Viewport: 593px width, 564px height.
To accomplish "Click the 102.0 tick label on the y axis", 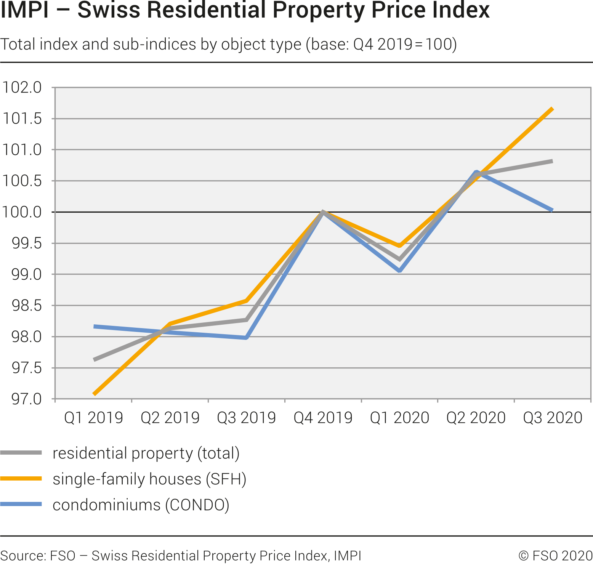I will pyautogui.click(x=22, y=88).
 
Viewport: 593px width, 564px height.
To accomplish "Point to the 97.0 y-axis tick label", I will pyautogui.click(x=26, y=399).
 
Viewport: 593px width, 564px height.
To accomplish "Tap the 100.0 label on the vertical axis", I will pyautogui.click(x=22, y=212).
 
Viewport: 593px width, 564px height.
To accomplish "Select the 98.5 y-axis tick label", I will pyautogui.click(x=26, y=306).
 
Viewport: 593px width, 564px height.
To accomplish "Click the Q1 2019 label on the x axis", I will pyautogui.click(x=94, y=418).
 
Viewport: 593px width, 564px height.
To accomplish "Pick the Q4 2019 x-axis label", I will pyautogui.click(x=323, y=418).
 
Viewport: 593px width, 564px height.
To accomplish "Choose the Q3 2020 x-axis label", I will pyautogui.click(x=553, y=418).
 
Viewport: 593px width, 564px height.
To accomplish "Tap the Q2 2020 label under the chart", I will pyautogui.click(x=476, y=418).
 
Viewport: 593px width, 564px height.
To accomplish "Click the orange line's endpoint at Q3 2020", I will pyautogui.click(x=552, y=109).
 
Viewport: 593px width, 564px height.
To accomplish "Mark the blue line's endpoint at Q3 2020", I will pyautogui.click(x=552, y=210).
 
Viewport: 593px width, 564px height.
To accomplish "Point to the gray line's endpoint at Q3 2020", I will pyautogui.click(x=552, y=161).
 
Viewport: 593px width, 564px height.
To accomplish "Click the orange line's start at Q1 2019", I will pyautogui.click(x=94, y=394).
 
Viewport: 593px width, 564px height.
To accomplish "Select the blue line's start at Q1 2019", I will pyautogui.click(x=94, y=327).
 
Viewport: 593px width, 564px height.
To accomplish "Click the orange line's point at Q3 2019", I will pyautogui.click(x=247, y=301).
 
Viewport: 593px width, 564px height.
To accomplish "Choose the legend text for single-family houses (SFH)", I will pyautogui.click(x=149, y=479).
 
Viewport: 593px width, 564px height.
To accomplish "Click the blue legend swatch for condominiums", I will pyautogui.click(x=21, y=505).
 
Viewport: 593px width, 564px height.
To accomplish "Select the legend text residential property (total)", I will pyautogui.click(x=146, y=453).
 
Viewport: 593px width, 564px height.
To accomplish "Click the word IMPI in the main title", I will pyautogui.click(x=25, y=10).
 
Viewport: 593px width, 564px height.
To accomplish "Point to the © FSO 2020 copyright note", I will pyautogui.click(x=555, y=556).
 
